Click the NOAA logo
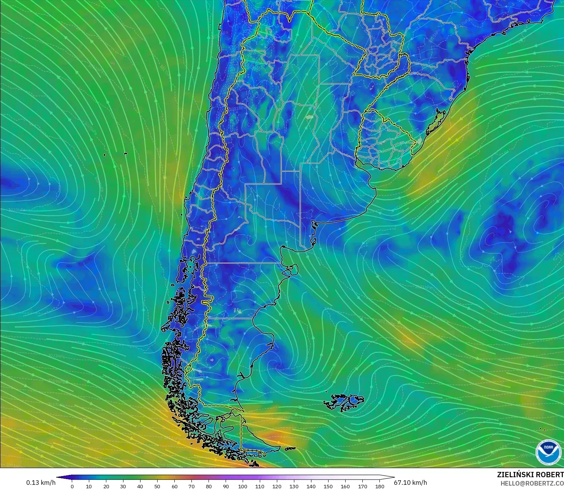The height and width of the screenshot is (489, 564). (548, 452)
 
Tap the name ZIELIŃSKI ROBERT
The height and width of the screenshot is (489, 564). (530, 475)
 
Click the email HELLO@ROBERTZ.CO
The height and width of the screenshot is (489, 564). (532, 483)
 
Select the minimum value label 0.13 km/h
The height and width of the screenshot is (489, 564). (41, 483)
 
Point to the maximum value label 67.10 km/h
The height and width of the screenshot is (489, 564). (410, 483)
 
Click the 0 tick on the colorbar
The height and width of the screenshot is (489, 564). (72, 486)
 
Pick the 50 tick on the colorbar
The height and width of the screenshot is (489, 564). (157, 486)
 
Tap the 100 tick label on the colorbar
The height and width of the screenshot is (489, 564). (243, 486)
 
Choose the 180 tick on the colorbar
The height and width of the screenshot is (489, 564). (379, 486)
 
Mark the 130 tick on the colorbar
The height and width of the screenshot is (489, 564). (294, 486)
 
